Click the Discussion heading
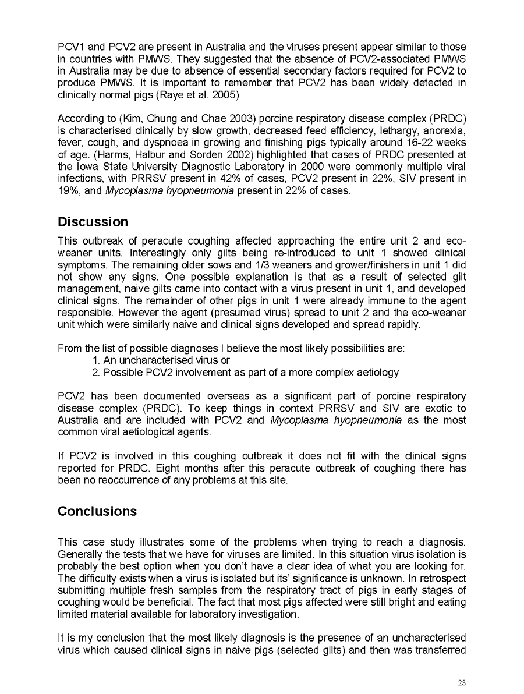pos(93,222)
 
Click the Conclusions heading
pos(97,511)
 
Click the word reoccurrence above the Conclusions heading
pos(128,480)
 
